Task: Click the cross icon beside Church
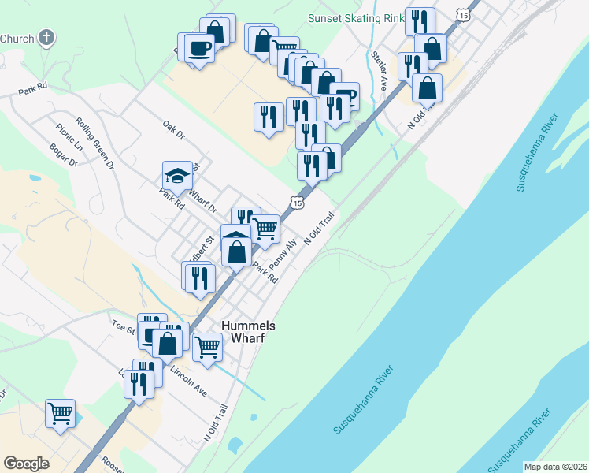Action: [46, 38]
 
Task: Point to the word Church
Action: [17, 38]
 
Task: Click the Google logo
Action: [27, 464]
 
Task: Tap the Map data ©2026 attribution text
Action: [554, 467]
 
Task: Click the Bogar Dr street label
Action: [63, 155]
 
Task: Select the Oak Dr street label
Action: [172, 129]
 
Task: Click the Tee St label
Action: [124, 324]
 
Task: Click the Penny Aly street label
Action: [283, 251]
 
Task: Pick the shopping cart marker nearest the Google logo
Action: [60, 412]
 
